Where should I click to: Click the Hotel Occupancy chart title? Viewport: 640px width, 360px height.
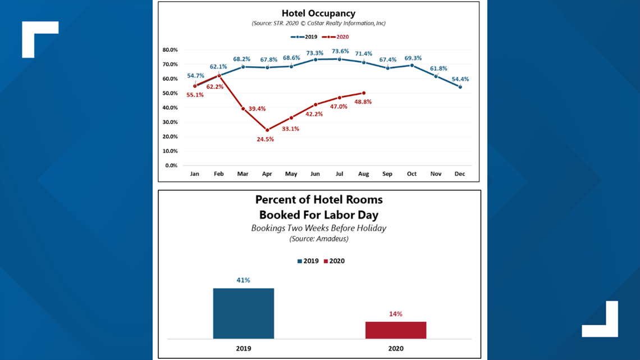[x=318, y=13]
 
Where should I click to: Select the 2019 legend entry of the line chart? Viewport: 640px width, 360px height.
[x=304, y=37]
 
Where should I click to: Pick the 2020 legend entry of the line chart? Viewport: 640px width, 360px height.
[x=335, y=37]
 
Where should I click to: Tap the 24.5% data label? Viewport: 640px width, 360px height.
[x=266, y=139]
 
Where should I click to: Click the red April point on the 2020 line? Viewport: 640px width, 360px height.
[x=267, y=130]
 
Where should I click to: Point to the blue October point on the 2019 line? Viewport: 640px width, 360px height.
[x=412, y=65]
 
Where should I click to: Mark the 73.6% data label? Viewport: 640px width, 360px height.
[x=340, y=51]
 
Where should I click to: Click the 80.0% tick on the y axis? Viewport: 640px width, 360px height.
[x=170, y=50]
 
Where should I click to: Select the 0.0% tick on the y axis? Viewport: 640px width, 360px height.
[x=171, y=165]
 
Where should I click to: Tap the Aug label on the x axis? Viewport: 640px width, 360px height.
[x=363, y=174]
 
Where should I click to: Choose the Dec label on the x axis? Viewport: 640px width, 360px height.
[x=460, y=174]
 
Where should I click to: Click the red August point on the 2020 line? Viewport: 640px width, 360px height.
[x=364, y=93]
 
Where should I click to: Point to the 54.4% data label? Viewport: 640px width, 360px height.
[x=460, y=79]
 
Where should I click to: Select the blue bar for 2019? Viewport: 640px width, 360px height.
[x=244, y=313]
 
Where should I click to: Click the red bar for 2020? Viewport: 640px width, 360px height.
[x=396, y=330]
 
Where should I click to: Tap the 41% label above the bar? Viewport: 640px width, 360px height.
[x=243, y=280]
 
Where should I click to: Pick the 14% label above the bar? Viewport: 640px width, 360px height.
[x=396, y=314]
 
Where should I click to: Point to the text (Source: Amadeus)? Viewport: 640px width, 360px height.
[x=319, y=239]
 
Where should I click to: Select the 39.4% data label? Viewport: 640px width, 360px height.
[x=257, y=108]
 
